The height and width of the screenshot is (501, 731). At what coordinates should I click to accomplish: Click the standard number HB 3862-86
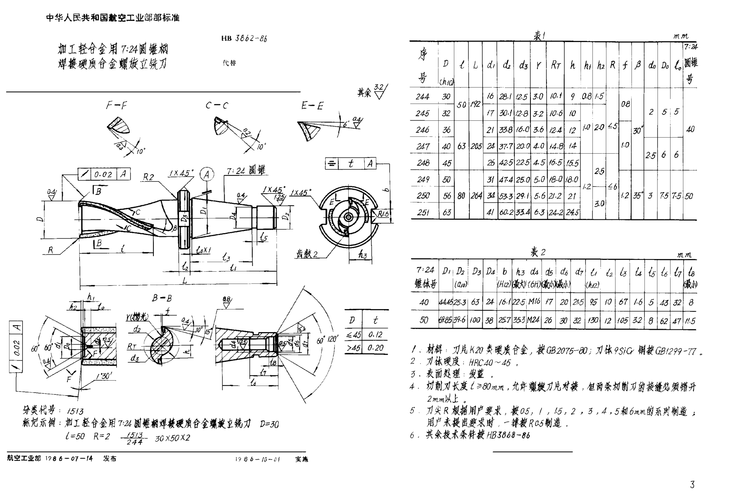point(244,38)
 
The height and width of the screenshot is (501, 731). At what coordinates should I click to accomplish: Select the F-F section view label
point(116,105)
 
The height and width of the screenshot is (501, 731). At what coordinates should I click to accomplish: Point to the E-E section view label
point(312,106)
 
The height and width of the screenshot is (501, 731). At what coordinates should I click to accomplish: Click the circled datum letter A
point(207,175)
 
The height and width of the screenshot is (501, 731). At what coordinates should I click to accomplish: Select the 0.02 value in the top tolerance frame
point(103,174)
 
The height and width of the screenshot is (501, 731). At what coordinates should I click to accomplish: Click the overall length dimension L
point(185,280)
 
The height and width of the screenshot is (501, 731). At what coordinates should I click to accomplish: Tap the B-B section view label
point(162,298)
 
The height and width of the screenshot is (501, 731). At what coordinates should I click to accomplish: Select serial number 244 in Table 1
point(423,97)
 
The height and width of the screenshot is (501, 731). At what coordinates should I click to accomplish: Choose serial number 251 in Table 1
point(423,212)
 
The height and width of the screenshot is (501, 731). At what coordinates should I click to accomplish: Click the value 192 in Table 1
point(475,104)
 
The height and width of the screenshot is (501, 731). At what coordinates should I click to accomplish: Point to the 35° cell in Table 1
point(637,196)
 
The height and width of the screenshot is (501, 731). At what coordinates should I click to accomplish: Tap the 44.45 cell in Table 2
point(446,302)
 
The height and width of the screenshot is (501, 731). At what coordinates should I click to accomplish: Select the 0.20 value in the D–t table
point(375,348)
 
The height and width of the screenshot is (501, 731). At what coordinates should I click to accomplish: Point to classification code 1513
point(75,411)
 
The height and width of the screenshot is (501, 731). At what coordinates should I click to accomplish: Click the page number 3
point(692,485)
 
